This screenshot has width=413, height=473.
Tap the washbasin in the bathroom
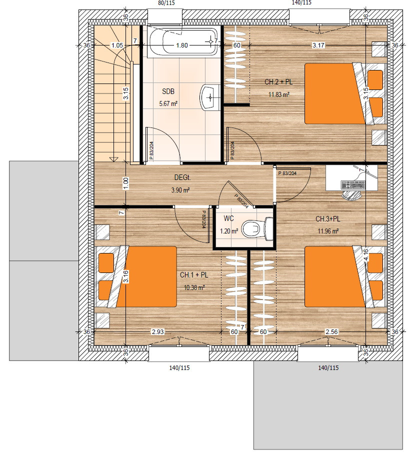coord(209,97)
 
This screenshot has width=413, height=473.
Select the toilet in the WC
coord(258,229)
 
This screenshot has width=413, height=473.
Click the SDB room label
coord(168,91)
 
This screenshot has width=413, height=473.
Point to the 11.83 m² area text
coord(279,94)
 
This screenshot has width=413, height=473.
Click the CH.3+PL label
coord(328,218)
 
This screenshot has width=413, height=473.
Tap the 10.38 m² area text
coord(194,287)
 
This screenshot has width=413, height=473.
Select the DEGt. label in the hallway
coord(182,177)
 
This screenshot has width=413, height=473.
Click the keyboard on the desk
coord(353,184)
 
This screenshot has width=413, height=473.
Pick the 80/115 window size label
coord(166,2)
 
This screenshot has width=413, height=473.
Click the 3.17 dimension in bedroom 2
coord(318,45)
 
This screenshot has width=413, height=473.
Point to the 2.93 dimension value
coord(158,332)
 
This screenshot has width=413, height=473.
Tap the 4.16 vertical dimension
coord(366,255)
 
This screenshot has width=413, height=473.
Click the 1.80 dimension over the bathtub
coord(182,45)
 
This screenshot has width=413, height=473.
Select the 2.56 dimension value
coord(331,332)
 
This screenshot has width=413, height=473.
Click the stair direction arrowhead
coord(114,159)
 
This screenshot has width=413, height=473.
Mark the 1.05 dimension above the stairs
coord(117,45)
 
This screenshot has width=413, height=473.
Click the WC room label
coord(228,218)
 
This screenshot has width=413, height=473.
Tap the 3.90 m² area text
coord(180,190)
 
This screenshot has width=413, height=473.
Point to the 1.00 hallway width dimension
coord(126,183)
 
